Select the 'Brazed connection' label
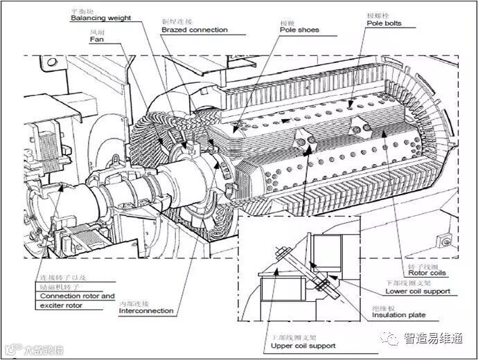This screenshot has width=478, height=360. click(x=194, y=30)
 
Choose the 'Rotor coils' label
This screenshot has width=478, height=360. click(x=427, y=273)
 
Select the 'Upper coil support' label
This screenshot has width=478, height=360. click(x=303, y=345)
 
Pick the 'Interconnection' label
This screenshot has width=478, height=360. click(x=146, y=311)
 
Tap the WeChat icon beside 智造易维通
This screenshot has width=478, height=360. click(x=393, y=339)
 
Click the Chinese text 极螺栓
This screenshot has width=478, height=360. click(x=378, y=15)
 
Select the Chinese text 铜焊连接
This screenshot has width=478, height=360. click(x=174, y=22)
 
